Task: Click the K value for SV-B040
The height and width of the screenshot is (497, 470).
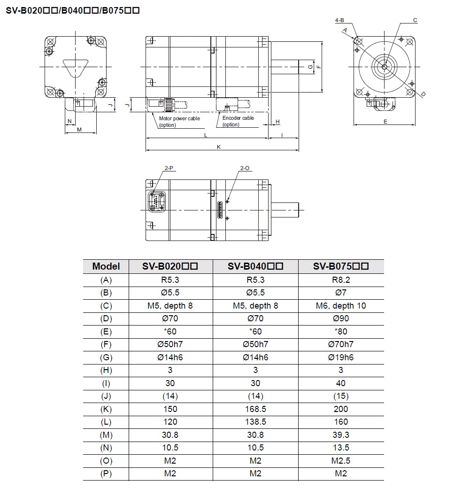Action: pos(255,409)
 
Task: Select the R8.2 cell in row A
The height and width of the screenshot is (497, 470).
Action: pos(341,280)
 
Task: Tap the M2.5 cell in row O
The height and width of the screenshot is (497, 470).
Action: pos(341,460)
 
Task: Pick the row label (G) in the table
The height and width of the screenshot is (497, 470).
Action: pos(106,357)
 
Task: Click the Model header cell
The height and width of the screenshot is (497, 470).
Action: pos(106,266)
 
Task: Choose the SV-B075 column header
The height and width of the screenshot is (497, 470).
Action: pos(341,266)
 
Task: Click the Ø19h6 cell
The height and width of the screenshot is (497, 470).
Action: pos(341,357)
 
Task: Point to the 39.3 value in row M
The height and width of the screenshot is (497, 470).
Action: pos(341,435)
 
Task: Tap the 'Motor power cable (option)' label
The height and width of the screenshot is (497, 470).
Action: pos(179,122)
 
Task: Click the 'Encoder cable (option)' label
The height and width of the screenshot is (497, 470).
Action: pos(238,121)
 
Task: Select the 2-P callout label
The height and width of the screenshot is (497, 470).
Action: pos(170,168)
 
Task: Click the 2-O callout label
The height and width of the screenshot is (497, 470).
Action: pos(245,168)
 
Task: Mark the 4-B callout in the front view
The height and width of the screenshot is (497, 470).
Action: pos(339,20)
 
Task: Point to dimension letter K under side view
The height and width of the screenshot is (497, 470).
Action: pos(219,147)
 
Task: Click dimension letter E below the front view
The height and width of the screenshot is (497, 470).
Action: pos(385,122)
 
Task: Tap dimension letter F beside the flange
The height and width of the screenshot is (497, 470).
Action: pos(319,67)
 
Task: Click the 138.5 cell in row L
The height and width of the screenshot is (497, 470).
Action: pos(255,422)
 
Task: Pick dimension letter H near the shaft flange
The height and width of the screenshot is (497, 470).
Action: pos(277,122)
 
